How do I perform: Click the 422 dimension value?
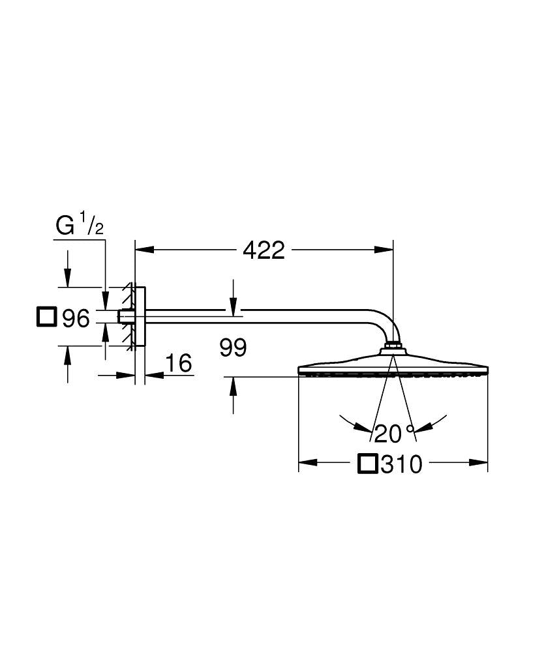(264, 250)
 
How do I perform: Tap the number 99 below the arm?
(233, 348)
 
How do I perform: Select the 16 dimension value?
(179, 363)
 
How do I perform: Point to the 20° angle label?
(395, 433)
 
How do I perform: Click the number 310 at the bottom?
(402, 464)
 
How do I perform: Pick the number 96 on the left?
(75, 319)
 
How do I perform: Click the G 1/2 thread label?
(80, 226)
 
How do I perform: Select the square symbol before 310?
(368, 464)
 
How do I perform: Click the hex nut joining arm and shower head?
(393, 345)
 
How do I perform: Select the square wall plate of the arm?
(140, 317)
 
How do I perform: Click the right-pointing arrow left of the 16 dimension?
(127, 375)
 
